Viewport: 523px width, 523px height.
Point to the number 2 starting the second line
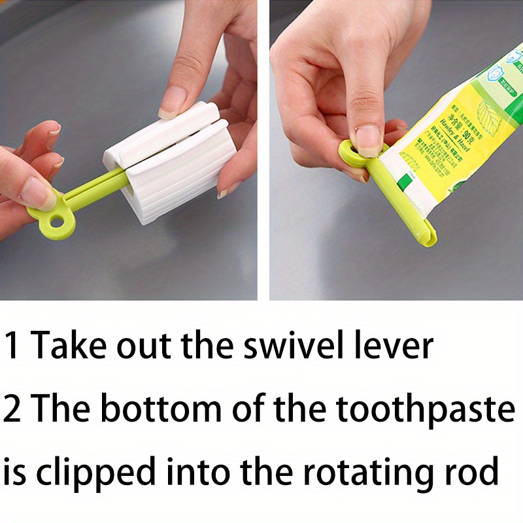click(13, 410)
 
